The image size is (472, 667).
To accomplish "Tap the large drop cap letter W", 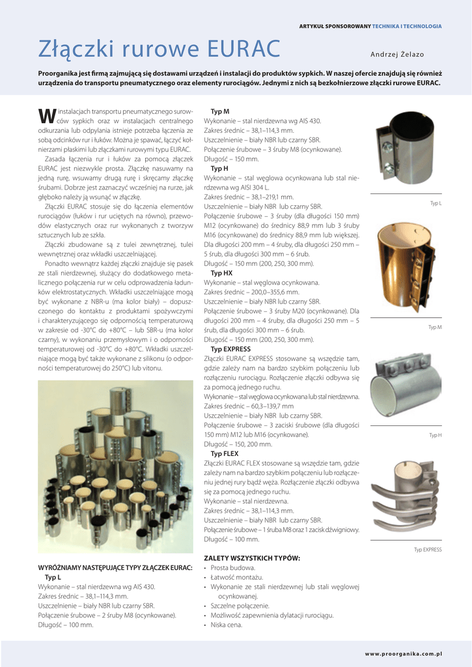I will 46,115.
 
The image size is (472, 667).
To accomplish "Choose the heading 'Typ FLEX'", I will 225,453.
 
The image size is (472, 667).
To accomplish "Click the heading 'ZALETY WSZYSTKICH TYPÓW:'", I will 252,559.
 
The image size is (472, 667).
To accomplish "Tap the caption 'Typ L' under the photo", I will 436,204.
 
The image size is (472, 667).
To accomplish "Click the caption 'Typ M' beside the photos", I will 435,327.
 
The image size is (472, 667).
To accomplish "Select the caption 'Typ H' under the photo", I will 436,435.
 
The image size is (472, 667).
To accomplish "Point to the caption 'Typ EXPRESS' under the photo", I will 428,550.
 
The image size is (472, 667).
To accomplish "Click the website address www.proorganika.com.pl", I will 403,653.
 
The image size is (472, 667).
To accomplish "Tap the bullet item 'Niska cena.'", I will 227,625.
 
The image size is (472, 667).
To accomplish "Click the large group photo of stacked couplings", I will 115,467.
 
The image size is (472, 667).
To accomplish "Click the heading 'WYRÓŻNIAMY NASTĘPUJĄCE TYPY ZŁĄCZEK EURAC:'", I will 115,568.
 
